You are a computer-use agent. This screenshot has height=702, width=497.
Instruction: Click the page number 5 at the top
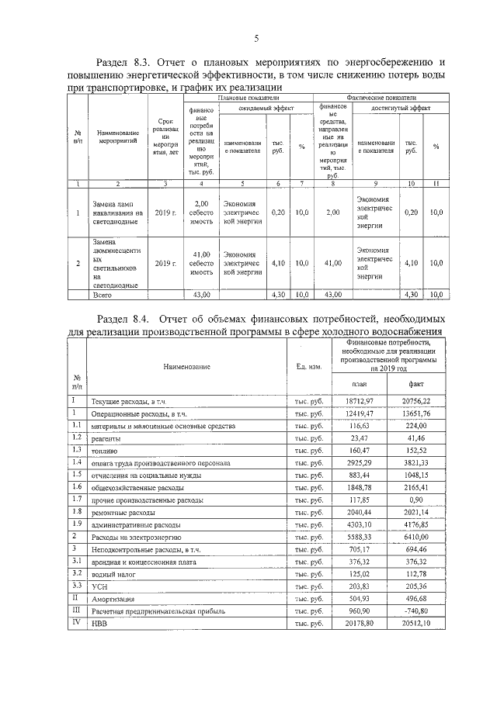click(255, 40)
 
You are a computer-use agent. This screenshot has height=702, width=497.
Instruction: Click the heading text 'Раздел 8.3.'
click(123, 62)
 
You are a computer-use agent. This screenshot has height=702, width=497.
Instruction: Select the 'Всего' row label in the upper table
click(103, 296)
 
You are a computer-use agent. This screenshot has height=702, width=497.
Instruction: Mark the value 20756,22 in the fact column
click(422, 400)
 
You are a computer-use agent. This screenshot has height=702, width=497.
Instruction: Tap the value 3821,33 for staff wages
click(424, 463)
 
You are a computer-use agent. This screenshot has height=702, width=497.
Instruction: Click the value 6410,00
click(422, 537)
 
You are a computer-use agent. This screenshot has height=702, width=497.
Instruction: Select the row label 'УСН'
click(100, 587)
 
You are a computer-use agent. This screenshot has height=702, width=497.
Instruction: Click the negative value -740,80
click(422, 611)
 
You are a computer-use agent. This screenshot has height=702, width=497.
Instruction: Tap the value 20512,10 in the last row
click(422, 624)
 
